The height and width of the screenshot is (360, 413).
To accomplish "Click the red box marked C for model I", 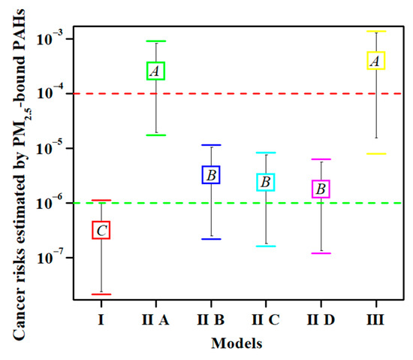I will click(x=101, y=230).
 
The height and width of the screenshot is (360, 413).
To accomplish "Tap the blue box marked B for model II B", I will click(x=212, y=175).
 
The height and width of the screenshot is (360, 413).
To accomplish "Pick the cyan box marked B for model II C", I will click(x=266, y=182).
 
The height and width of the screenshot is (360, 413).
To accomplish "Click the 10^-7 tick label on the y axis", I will click(x=52, y=258).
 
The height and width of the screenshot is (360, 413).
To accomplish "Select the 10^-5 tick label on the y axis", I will click(x=52, y=149).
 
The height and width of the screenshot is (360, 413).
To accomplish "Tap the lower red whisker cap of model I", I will click(x=101, y=294).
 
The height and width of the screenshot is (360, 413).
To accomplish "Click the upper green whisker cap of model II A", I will click(x=156, y=41).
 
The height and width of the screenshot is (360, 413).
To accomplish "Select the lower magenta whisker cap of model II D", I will click(x=321, y=253).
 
